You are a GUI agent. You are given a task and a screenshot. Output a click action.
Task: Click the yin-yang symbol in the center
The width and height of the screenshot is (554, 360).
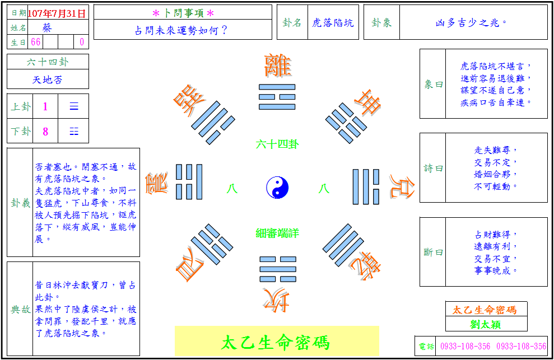pyautogui.click(x=277, y=188)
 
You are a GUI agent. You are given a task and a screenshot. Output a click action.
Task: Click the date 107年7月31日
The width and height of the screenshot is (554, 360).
pyautogui.click(x=57, y=13)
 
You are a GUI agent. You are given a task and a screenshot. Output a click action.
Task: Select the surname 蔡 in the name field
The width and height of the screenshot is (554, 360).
pyautogui.click(x=46, y=27)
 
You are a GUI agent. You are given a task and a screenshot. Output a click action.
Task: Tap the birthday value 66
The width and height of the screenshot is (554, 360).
pyautogui.click(x=36, y=42)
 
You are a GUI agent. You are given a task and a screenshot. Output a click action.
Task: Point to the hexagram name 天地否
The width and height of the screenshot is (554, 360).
pyautogui.click(x=48, y=80)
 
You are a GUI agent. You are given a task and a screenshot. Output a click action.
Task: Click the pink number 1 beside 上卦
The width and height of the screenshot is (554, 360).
pyautogui.click(x=45, y=106)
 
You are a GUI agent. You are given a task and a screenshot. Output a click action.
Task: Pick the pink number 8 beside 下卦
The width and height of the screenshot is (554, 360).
pyautogui.click(x=45, y=132)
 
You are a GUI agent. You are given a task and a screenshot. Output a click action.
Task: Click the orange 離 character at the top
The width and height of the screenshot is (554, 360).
pyautogui.click(x=277, y=66)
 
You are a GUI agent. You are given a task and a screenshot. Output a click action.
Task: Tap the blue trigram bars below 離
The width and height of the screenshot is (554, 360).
pyautogui.click(x=277, y=97)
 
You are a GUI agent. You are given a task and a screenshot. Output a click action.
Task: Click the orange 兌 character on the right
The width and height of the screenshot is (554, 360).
pyautogui.click(x=402, y=186)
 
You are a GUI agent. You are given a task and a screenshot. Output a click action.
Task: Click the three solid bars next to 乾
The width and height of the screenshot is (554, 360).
pyautogui.click(x=343, y=245)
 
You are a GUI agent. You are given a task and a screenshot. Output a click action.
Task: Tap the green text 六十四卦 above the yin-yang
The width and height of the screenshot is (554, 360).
pyautogui.click(x=277, y=144)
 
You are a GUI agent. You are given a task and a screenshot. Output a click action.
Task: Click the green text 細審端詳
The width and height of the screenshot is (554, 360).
pyautogui.click(x=277, y=233)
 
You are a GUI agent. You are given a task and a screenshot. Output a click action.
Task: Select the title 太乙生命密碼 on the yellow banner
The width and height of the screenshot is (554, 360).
pyautogui.click(x=276, y=343)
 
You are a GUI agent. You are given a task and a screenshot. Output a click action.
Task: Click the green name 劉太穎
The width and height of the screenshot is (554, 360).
pyautogui.click(x=486, y=324)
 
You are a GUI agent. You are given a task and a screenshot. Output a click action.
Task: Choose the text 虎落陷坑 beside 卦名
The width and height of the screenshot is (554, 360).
pyautogui.click(x=333, y=23)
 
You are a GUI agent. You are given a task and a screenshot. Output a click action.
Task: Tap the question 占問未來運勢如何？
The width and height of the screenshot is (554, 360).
pyautogui.click(x=181, y=30)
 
